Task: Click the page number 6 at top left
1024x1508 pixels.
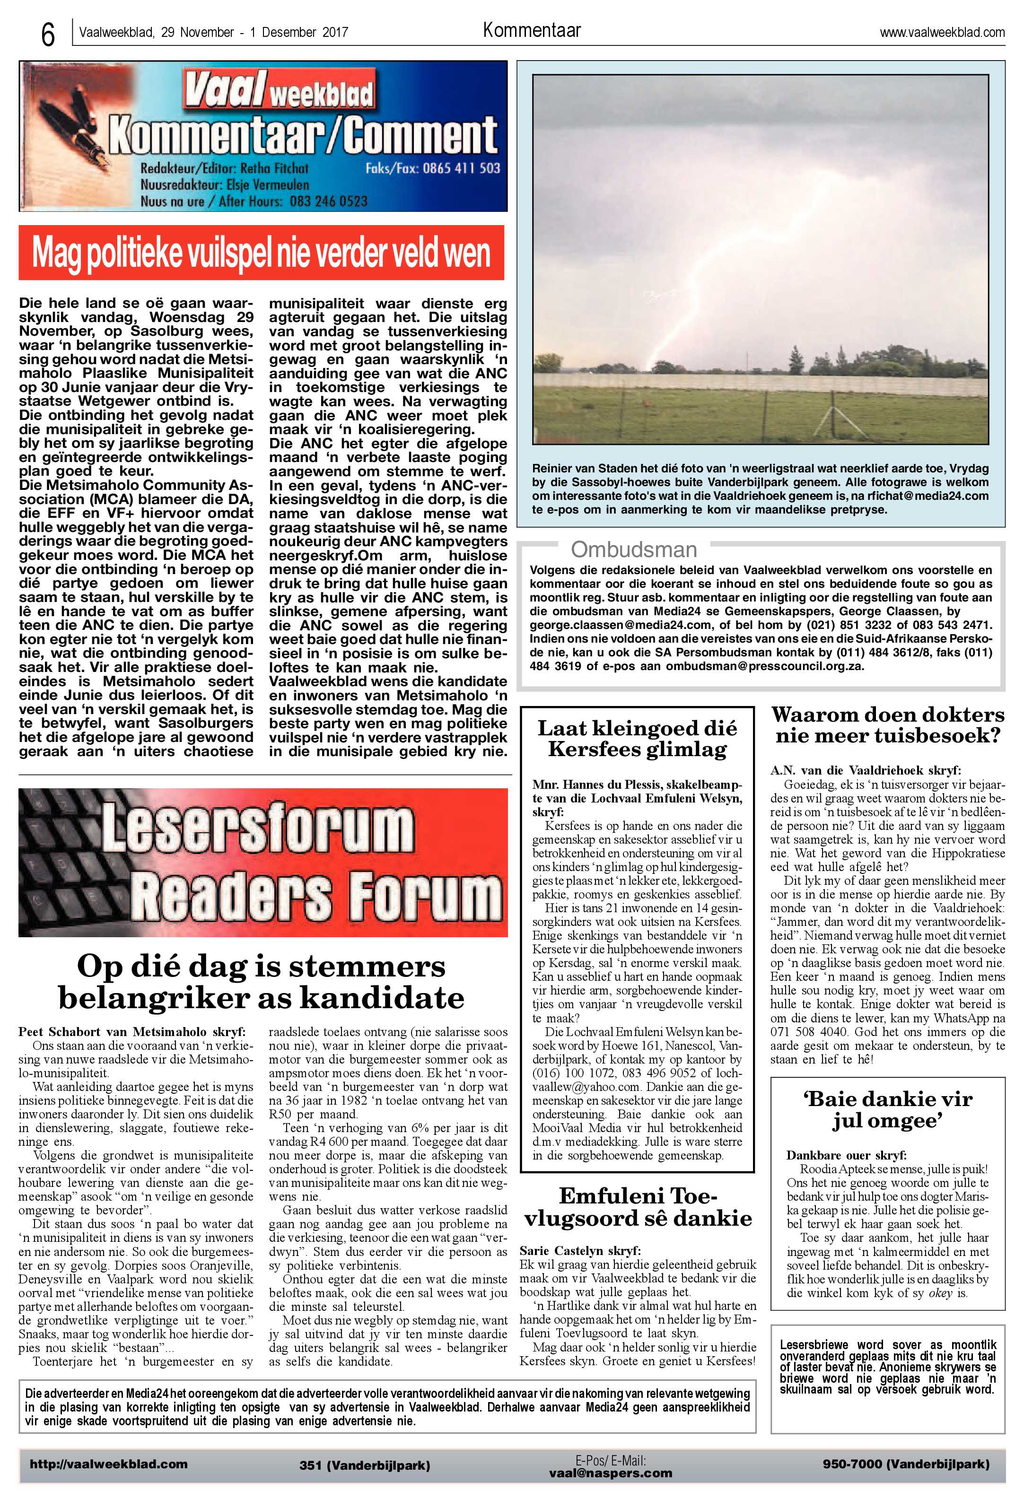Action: [47, 34]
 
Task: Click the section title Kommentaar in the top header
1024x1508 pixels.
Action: [532, 30]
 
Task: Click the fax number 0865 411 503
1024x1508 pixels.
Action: [461, 168]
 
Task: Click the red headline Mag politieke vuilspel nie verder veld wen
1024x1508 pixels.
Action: [261, 253]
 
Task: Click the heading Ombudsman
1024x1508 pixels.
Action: [633, 549]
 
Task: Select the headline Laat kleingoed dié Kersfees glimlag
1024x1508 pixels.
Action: [637, 739]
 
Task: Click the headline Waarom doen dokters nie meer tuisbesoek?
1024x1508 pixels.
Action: [887, 725]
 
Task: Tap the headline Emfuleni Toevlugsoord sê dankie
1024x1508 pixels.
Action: [637, 1206]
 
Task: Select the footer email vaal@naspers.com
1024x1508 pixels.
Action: [610, 1473]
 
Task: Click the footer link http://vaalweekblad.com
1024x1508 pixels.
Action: [108, 1464]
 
